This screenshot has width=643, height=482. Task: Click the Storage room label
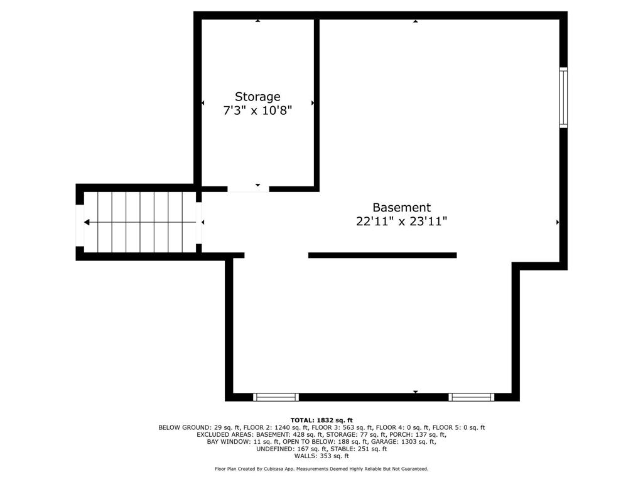click(x=257, y=97)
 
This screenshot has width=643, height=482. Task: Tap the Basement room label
click(x=401, y=207)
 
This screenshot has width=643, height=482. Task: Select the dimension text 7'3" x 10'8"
click(x=257, y=110)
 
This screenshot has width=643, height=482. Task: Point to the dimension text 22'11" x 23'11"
click(x=401, y=222)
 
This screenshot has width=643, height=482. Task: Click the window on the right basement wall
click(x=564, y=97)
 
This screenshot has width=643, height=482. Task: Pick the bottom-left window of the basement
click(x=276, y=397)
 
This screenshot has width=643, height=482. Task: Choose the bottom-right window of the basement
click(x=471, y=397)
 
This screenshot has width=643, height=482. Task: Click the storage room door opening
click(x=248, y=189)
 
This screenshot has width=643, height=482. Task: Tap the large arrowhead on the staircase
click(x=87, y=222)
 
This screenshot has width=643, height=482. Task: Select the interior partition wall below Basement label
click(x=382, y=255)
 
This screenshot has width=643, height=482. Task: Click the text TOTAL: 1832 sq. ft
click(x=321, y=420)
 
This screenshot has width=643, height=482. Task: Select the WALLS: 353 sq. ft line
click(x=321, y=456)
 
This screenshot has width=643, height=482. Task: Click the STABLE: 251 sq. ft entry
click(x=359, y=449)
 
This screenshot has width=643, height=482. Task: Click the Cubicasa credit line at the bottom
click(x=321, y=469)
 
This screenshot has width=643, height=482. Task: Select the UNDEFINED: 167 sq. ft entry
click(x=292, y=449)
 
